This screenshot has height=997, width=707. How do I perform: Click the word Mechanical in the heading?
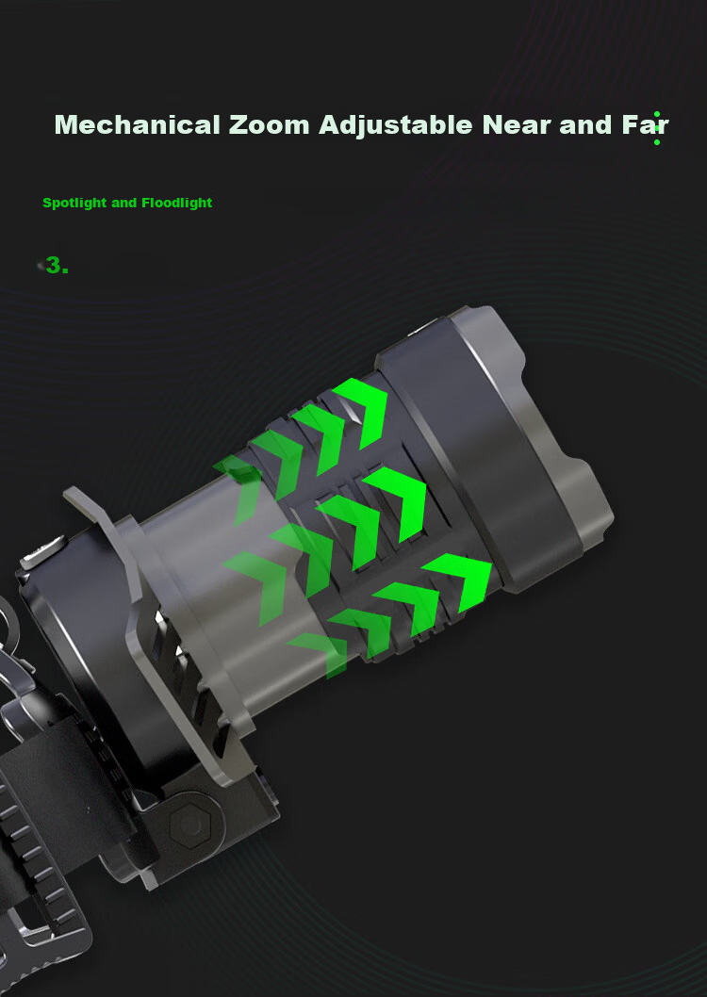(x=138, y=124)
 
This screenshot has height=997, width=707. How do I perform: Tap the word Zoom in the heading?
(x=269, y=124)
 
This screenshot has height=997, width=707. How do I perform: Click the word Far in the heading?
(x=645, y=124)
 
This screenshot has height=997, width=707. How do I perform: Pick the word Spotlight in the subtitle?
(x=75, y=204)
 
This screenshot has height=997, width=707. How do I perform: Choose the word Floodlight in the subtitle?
(x=177, y=203)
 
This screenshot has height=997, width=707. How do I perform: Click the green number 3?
(x=58, y=265)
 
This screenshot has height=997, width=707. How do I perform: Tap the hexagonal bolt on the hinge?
(x=189, y=825)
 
